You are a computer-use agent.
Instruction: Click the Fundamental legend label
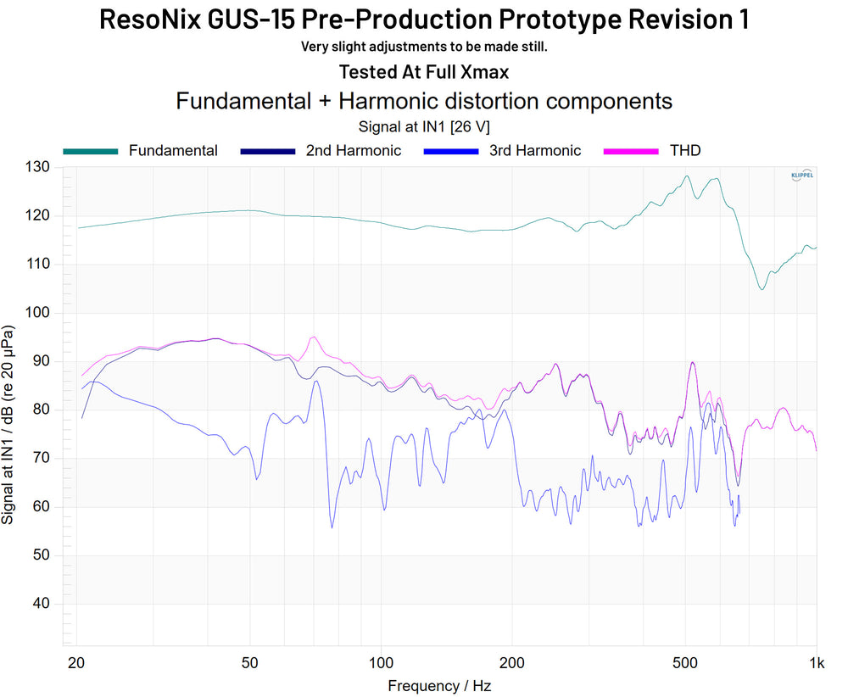[173, 151]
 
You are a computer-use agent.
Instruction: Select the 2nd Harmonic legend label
[354, 151]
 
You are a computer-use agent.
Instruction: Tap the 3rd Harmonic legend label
[535, 151]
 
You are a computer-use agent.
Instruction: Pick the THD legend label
[684, 151]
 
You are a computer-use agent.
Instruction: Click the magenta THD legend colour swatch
[630, 151]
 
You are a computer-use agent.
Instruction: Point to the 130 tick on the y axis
[39, 167]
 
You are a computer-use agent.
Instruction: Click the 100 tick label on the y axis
[39, 313]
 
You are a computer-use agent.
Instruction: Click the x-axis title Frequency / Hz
[439, 685]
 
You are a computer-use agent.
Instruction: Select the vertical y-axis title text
[9, 424]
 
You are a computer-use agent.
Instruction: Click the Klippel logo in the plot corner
[801, 175]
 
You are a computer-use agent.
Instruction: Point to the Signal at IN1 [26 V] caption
[424, 125]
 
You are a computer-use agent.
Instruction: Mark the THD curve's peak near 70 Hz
[314, 337]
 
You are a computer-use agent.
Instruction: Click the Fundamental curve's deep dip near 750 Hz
[762, 289]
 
